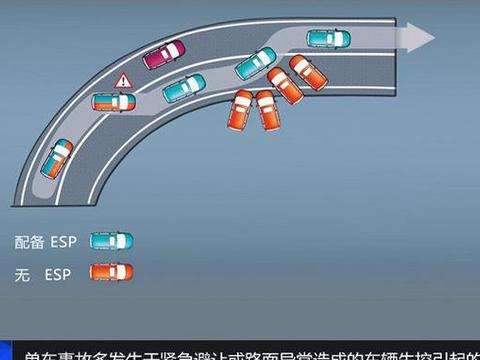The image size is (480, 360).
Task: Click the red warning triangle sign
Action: pos(124,80)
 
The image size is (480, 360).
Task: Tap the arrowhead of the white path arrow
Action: pos(424,38)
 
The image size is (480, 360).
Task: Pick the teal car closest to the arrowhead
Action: pos(329,39)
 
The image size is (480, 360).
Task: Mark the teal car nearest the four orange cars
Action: pos(255,63)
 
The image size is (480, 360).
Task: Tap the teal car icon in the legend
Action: pos(110,241)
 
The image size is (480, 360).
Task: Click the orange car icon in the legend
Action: pos(110,272)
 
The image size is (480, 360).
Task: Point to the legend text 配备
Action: pos(29,241)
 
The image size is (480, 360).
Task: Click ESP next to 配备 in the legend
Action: pos(65,241)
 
